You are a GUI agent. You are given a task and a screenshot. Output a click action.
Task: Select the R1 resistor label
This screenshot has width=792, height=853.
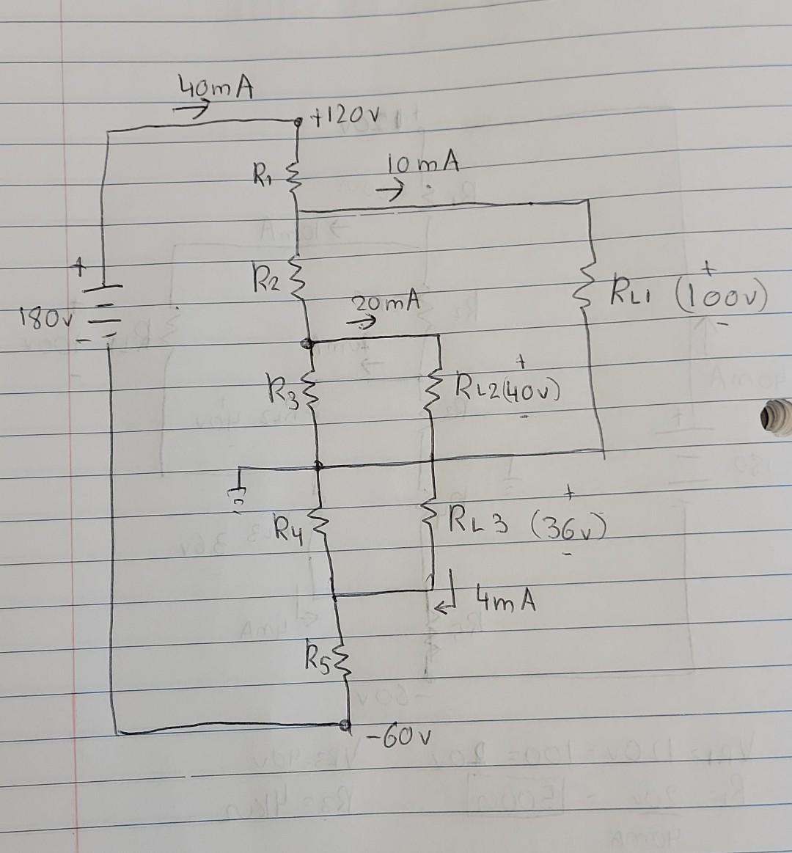click(x=260, y=177)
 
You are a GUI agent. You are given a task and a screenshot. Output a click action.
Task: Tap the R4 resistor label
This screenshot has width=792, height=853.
click(x=287, y=526)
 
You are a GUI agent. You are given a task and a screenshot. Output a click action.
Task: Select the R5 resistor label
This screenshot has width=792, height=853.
click(x=318, y=652)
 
